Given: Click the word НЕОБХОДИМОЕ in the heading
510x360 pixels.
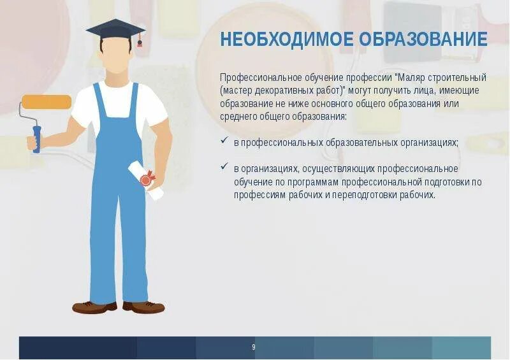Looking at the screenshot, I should (286, 39).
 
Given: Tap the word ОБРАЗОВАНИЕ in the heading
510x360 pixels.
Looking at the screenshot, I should (423, 39).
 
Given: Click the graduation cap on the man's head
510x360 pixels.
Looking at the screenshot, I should (115, 29).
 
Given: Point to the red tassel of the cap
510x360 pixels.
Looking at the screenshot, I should (139, 43).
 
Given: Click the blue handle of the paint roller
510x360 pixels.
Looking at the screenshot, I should (36, 139).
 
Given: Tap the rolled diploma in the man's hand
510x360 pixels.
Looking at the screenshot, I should (146, 180).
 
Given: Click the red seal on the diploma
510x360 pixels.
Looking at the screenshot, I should (146, 180).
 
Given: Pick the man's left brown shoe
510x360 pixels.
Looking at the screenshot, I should (94, 308).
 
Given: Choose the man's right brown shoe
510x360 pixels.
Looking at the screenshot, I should (144, 308).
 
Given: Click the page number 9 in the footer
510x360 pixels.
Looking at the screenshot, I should (254, 347).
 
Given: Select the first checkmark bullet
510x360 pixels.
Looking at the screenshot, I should (224, 141).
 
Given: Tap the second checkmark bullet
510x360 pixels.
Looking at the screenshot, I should (224, 168).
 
